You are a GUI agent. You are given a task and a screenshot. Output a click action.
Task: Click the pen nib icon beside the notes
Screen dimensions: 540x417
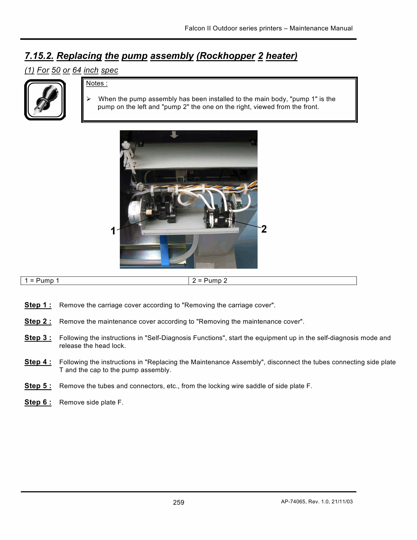pyautogui.click(x=45, y=100)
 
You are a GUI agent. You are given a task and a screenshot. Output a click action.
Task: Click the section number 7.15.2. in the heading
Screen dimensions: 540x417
pyautogui.click(x=39, y=56)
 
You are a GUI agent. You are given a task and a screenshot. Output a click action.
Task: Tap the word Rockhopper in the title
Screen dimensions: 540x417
pyautogui.click(x=226, y=56)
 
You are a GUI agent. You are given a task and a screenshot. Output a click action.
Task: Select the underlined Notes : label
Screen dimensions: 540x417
pyautogui.click(x=96, y=83)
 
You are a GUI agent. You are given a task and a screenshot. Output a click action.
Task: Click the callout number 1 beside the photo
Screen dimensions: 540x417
pyautogui.click(x=113, y=231)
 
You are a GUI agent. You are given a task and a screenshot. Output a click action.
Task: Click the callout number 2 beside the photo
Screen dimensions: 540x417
pyautogui.click(x=264, y=229)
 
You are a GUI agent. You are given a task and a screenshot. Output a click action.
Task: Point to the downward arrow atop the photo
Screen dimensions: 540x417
pyautogui.click(x=174, y=134)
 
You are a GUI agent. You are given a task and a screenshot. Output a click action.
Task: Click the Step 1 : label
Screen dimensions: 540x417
pyautogui.click(x=38, y=305)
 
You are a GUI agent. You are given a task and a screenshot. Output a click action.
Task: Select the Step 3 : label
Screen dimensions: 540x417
pyautogui.click(x=38, y=338)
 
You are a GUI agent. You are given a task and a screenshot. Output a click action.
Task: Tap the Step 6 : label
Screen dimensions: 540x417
pyautogui.click(x=38, y=402)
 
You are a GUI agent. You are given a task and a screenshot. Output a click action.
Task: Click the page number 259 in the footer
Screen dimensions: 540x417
pyautogui.click(x=179, y=502)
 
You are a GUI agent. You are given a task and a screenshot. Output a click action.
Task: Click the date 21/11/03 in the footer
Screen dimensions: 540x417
pyautogui.click(x=342, y=502)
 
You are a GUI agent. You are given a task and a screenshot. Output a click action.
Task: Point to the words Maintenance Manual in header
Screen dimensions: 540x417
pyautogui.click(x=321, y=28)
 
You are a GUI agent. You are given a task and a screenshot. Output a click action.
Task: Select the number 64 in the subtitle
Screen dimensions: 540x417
pyautogui.click(x=77, y=70)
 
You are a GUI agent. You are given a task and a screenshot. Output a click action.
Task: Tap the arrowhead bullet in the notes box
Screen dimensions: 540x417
pyautogui.click(x=89, y=99)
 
